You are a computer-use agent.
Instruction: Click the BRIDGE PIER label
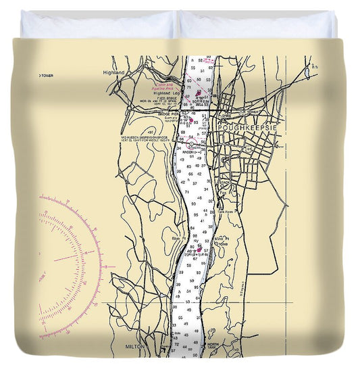click(168, 114)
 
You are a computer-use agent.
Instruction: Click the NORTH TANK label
click(214, 346)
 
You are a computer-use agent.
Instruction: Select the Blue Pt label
click(178, 237)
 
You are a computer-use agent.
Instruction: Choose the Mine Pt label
click(222, 238)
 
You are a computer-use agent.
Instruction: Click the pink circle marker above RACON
click(192, 143)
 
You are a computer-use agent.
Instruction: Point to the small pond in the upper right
click(307, 70)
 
